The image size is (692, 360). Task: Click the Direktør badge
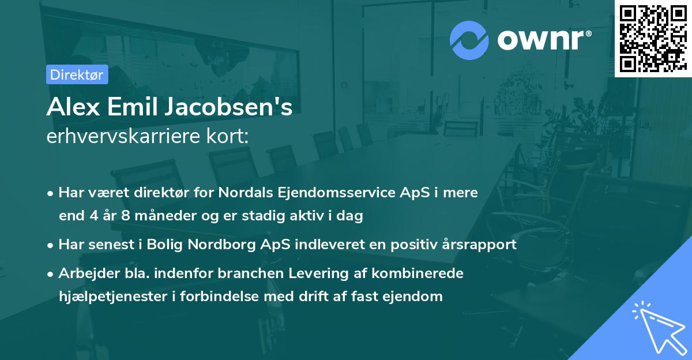pyautogui.click(x=76, y=74)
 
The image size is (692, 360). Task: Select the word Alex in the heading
pyautogui.click(x=69, y=108)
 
